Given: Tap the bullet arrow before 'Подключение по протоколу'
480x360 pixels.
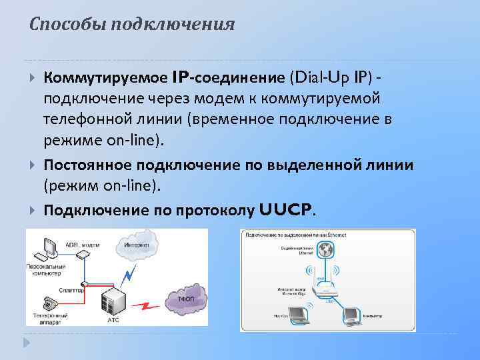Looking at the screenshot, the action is pos(33,211).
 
